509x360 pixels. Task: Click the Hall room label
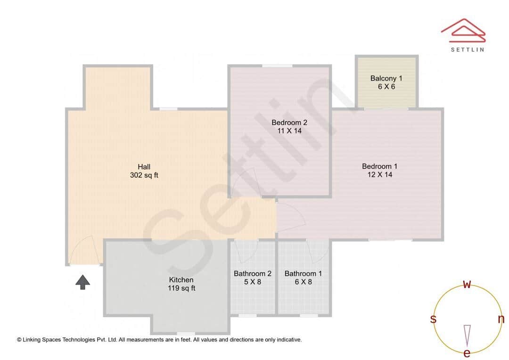(x=144, y=167)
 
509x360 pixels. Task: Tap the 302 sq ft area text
(x=144, y=175)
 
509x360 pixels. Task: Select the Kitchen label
(x=181, y=280)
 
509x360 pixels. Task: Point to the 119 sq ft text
(x=181, y=288)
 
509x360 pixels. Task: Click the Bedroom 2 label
(x=289, y=123)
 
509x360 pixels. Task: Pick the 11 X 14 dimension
(x=289, y=131)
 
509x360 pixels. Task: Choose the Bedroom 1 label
(x=379, y=166)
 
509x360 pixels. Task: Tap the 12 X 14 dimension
(x=379, y=175)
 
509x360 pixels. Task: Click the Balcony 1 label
(x=386, y=79)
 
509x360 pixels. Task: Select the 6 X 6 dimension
(x=386, y=87)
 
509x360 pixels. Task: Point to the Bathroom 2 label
(x=253, y=274)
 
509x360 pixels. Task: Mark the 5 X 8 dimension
(x=253, y=282)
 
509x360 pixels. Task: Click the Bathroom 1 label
(x=303, y=274)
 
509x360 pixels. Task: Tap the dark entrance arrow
(x=83, y=282)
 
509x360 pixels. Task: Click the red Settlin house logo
(x=463, y=31)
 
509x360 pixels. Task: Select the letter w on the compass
(x=467, y=285)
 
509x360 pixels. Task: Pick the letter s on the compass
(x=433, y=319)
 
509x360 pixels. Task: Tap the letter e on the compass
(x=467, y=353)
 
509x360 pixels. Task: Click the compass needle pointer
(x=467, y=336)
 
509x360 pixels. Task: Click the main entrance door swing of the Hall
(x=84, y=250)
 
